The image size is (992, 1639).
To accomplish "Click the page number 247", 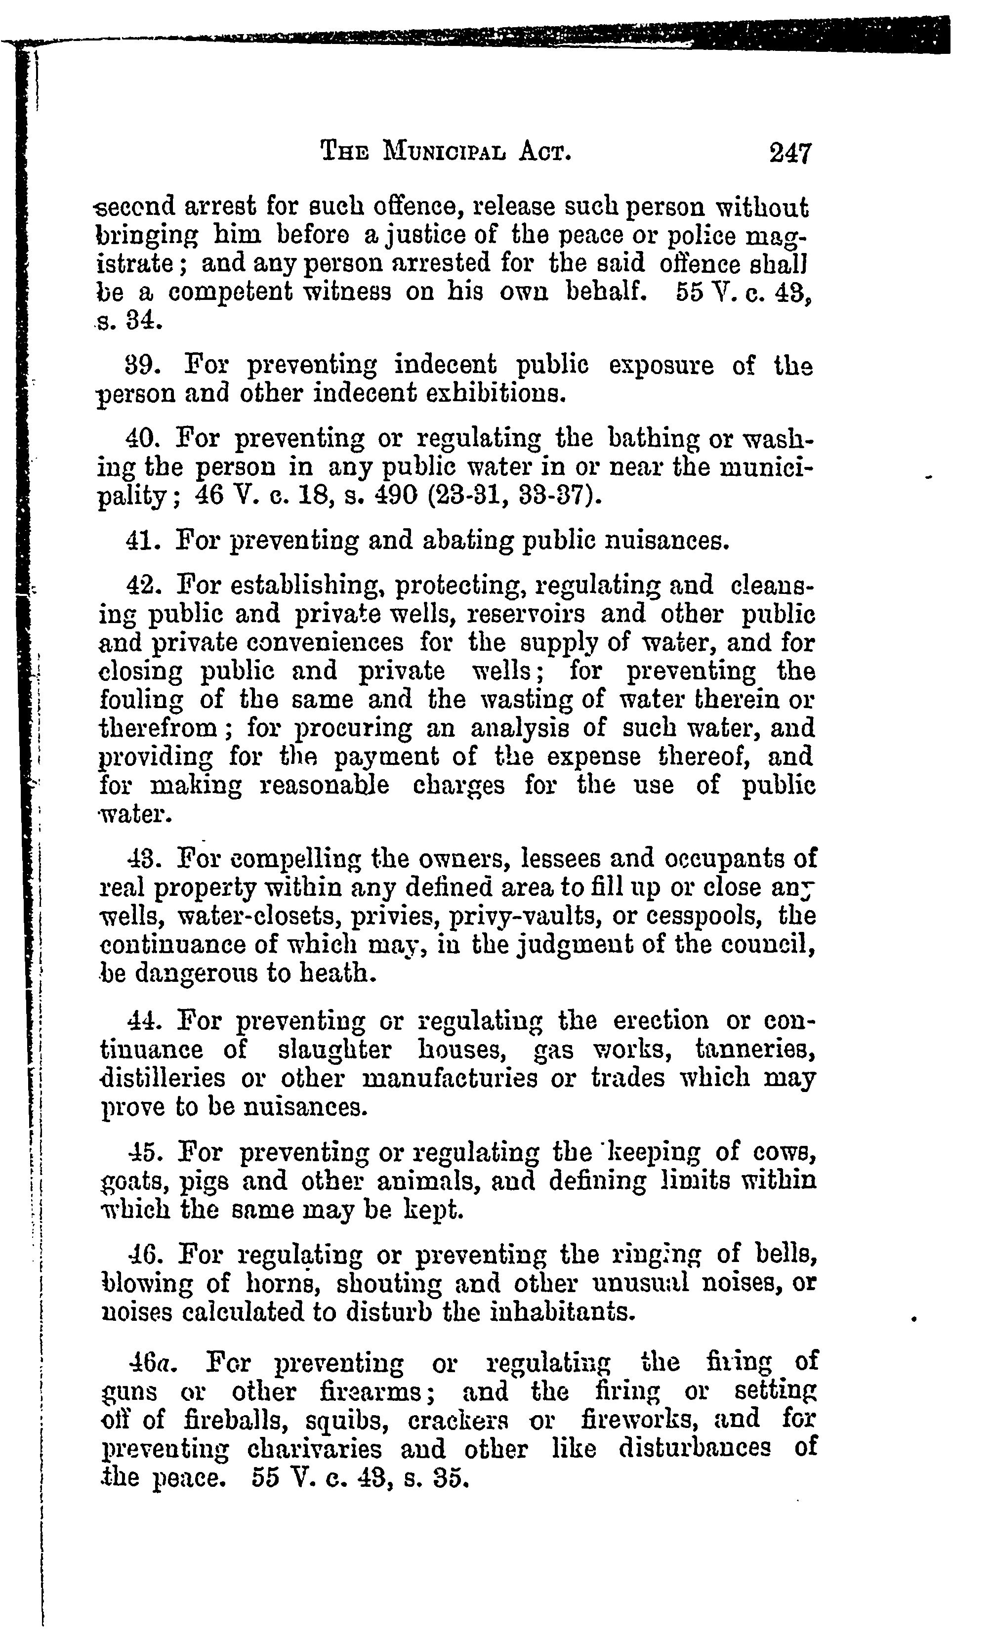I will [790, 154].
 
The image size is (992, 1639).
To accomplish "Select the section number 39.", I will [140, 366].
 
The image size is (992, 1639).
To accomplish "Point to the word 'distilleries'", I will [163, 1078].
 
